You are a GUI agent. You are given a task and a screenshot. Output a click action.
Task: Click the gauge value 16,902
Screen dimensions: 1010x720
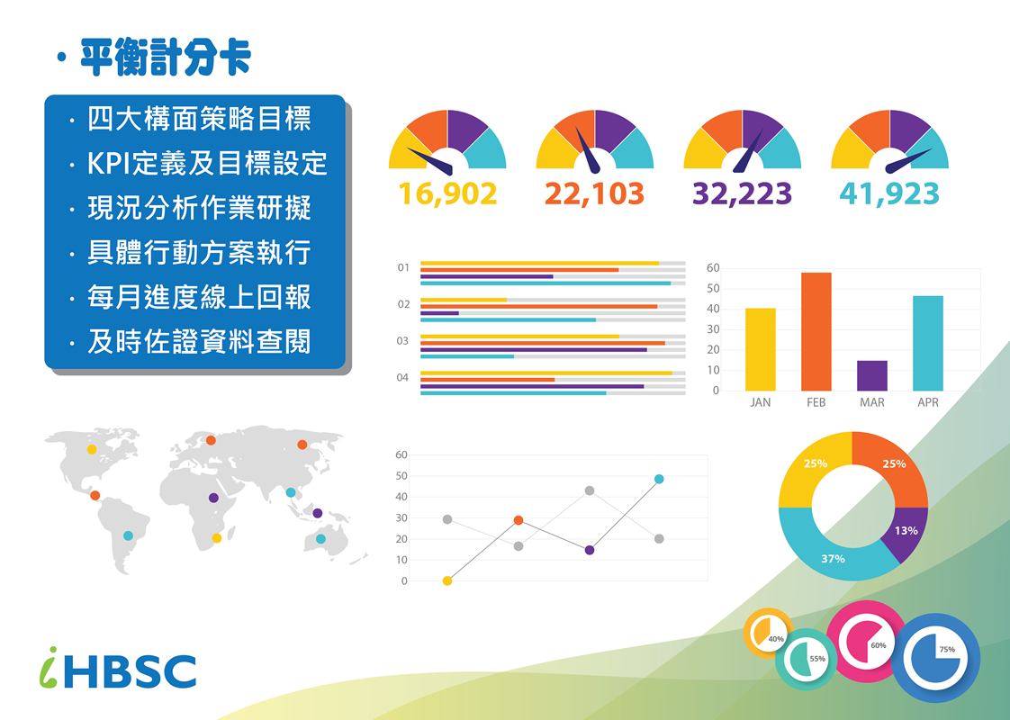447,193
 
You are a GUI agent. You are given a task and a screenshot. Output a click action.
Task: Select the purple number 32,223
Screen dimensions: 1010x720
742,193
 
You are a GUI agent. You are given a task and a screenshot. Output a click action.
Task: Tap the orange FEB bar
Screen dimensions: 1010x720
816,332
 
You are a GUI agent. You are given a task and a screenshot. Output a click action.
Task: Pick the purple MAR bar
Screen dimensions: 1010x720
872,375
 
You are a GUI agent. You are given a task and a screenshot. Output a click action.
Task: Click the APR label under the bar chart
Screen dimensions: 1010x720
927,402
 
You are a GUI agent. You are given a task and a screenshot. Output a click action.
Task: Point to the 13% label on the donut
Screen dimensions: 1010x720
906,531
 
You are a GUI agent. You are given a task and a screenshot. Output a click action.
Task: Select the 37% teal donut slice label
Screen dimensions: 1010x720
833,558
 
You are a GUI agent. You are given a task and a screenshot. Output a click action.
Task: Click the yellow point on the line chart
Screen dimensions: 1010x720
447,580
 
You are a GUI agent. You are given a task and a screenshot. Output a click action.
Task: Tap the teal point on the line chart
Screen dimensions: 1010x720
659,479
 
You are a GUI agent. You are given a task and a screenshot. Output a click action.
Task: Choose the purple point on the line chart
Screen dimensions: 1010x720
590,550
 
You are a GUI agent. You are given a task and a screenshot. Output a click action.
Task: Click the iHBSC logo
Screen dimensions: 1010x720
118,670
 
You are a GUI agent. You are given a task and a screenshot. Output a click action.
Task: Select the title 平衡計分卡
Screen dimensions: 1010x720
166,58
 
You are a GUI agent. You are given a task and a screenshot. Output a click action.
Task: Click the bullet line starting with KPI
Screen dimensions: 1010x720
207,164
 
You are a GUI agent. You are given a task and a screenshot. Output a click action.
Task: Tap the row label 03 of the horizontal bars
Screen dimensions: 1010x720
402,341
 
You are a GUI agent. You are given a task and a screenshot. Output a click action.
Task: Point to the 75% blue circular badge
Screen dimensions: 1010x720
935,659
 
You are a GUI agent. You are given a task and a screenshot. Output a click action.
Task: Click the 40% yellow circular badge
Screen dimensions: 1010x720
769,632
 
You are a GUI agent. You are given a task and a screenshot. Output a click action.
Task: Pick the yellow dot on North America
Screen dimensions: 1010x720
92,449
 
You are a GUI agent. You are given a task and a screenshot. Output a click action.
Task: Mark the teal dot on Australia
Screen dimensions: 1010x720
320,539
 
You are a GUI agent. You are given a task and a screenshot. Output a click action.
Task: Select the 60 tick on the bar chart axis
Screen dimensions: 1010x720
713,268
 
